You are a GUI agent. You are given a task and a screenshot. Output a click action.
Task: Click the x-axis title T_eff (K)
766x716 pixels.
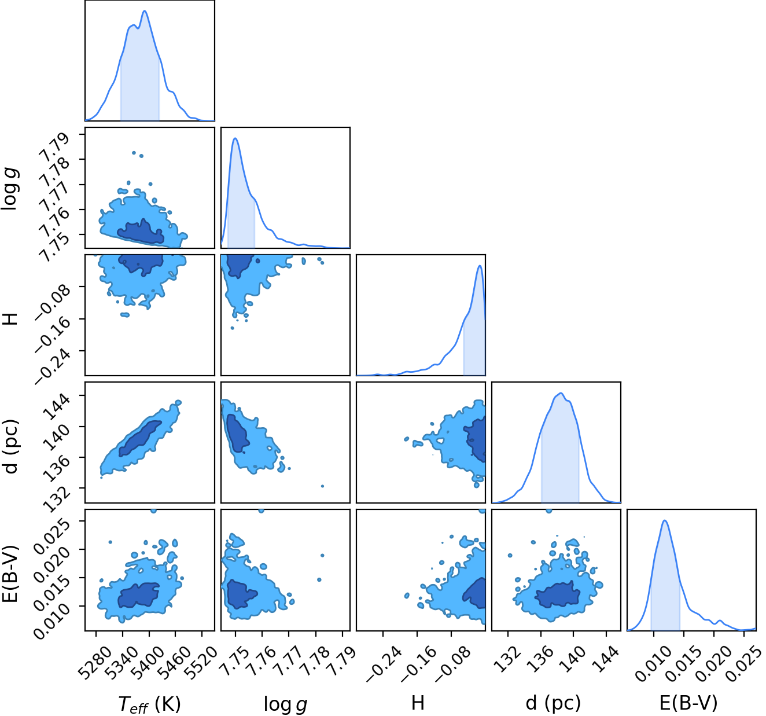(x=149, y=704)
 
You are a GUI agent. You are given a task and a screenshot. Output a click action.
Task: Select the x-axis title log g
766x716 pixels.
(x=285, y=704)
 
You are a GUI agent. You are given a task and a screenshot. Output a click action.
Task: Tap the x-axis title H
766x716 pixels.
(x=418, y=703)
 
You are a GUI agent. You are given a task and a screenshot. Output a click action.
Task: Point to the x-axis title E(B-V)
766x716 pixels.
(x=688, y=703)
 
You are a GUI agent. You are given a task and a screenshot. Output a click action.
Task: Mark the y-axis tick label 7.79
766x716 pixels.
(x=54, y=145)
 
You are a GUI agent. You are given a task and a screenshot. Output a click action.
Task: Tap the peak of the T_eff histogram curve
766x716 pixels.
(x=145, y=11)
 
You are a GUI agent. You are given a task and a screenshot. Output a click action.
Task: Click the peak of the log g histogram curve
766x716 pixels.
(x=235, y=138)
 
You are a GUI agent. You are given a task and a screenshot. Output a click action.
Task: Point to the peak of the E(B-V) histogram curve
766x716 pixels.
(x=665, y=521)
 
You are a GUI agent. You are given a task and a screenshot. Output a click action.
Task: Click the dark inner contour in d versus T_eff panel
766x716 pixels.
(x=139, y=439)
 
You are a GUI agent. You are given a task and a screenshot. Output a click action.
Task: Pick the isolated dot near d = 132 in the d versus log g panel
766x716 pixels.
(x=322, y=486)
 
